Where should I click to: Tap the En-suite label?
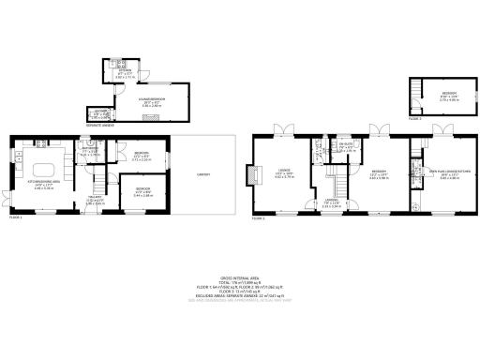coord(346,145)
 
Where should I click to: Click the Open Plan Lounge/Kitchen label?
coord(442,172)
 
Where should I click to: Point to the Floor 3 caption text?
coord(414,119)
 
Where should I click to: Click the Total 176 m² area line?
coord(239,283)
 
